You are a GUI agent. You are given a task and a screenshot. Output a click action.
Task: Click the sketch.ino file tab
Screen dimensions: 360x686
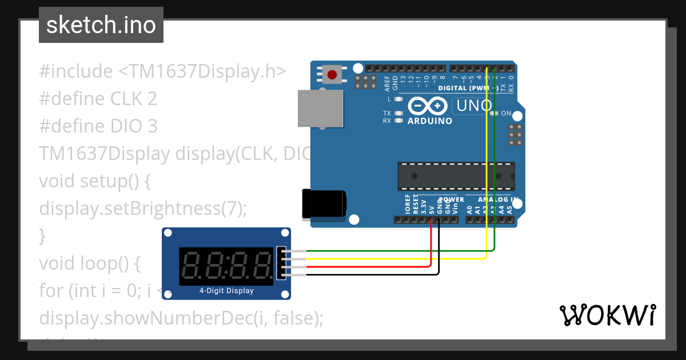pyautogui.click(x=101, y=25)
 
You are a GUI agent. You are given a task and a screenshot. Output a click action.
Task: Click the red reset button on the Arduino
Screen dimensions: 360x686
pyautogui.click(x=332, y=74)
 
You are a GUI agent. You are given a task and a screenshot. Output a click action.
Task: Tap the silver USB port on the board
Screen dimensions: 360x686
pyautogui.click(x=321, y=109)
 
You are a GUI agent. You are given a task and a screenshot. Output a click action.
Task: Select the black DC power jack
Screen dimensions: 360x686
pyautogui.click(x=324, y=203)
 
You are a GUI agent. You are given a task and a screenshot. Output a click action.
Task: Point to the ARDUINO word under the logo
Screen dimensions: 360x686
pyautogui.click(x=430, y=121)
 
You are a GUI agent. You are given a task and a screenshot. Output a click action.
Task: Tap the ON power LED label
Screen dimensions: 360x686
pyautogui.click(x=506, y=114)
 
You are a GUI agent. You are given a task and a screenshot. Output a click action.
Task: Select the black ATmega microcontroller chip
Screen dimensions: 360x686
pyautogui.click(x=456, y=176)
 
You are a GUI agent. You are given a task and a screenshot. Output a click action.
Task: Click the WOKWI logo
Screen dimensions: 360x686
pyautogui.click(x=607, y=315)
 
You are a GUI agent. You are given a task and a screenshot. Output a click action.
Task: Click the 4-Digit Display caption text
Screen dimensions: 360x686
pyautogui.click(x=226, y=291)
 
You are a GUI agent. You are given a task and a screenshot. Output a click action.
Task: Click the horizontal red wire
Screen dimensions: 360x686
pyautogui.click(x=366, y=266)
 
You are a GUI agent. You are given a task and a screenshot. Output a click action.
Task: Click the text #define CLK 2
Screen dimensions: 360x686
pyautogui.click(x=98, y=99)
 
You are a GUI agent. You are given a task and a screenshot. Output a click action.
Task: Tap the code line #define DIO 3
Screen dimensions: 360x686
pyautogui.click(x=98, y=126)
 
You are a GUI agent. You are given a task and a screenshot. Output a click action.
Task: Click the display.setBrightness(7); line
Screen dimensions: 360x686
pyautogui.click(x=143, y=209)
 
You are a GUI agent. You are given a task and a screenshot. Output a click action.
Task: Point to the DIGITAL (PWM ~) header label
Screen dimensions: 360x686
pyautogui.click(x=468, y=88)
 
